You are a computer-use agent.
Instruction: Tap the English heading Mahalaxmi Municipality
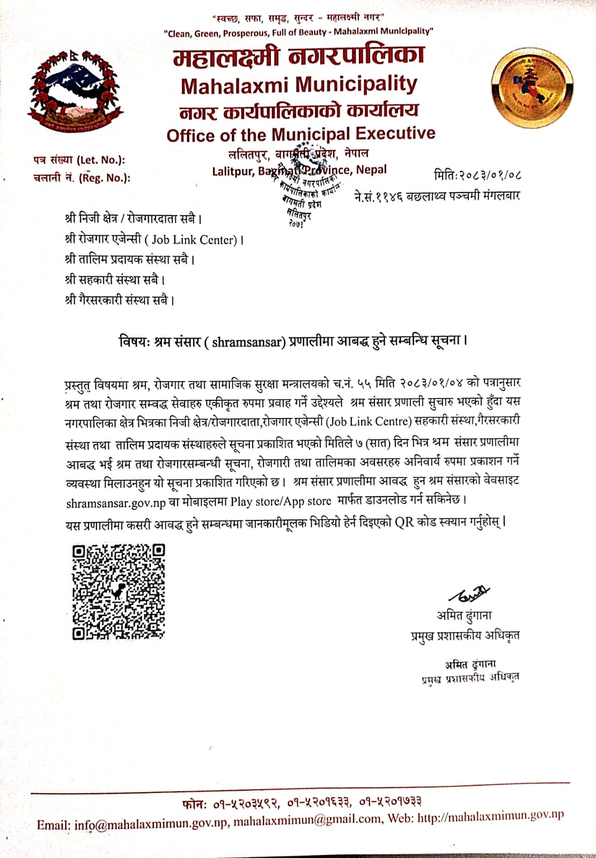click(299, 85)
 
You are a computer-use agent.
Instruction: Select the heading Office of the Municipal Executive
click(301, 134)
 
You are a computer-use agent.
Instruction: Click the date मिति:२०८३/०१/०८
click(477, 175)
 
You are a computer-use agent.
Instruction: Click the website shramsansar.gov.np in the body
click(116, 503)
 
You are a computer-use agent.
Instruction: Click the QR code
click(119, 591)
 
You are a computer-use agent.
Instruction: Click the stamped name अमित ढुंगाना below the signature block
click(470, 664)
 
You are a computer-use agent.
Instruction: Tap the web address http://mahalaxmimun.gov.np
click(490, 817)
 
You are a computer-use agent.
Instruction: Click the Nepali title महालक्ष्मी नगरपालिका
click(299, 56)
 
